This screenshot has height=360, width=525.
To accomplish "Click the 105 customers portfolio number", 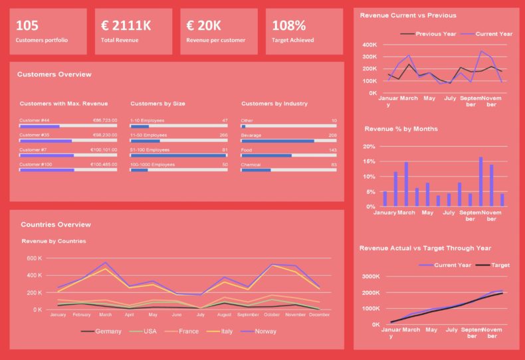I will [x=27, y=26].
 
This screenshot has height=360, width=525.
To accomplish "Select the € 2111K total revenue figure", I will [x=126, y=26].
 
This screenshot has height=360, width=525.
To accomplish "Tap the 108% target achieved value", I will [x=289, y=26].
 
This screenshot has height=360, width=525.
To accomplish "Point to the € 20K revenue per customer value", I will [x=204, y=26].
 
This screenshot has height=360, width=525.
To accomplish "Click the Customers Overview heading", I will [x=54, y=74].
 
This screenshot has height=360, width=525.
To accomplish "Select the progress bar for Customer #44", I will [x=68, y=126].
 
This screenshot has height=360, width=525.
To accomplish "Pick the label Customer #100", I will [x=36, y=164].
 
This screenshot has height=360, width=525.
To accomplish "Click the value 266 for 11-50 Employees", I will [x=223, y=135].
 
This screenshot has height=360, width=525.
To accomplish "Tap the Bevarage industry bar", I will [x=288, y=141].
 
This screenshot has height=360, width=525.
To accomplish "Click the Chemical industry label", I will [x=251, y=164].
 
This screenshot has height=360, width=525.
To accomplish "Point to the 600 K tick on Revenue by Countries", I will [x=34, y=258].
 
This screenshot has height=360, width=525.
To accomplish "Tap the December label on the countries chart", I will [x=319, y=314].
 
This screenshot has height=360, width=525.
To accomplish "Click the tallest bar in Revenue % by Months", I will [x=480, y=181].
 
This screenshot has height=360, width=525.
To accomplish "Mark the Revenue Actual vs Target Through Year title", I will [x=425, y=248].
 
